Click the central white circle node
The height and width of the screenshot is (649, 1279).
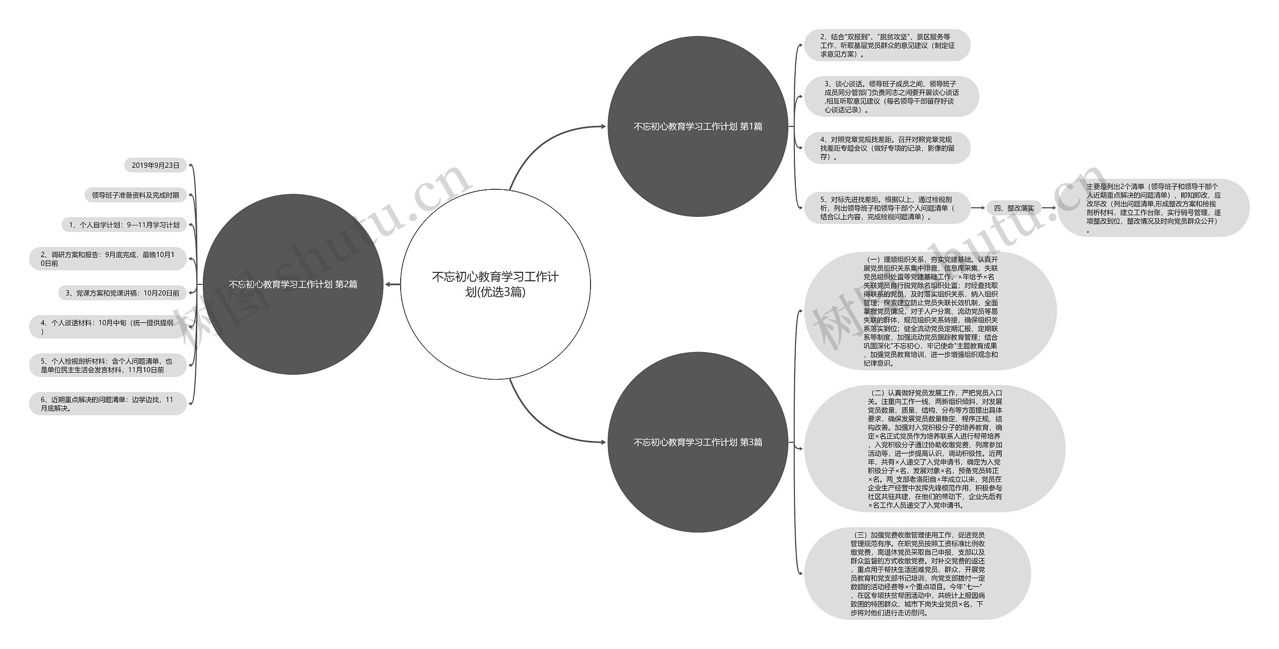click(495, 284)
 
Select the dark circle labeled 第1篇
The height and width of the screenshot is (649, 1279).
click(697, 126)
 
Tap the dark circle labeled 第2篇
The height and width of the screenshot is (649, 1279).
click(293, 284)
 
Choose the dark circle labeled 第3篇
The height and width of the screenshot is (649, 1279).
click(697, 442)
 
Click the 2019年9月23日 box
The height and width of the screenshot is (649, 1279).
click(155, 165)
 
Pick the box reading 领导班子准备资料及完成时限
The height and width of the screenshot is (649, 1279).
click(135, 195)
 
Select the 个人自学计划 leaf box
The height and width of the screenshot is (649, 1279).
click(124, 225)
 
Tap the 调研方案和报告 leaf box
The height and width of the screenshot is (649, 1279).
click(108, 259)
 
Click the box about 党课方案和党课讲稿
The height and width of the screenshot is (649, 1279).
click(122, 293)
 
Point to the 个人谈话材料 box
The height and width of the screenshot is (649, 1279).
click(108, 327)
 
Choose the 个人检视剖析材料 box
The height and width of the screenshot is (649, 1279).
click(108, 365)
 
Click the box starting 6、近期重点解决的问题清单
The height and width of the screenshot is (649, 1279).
click(108, 404)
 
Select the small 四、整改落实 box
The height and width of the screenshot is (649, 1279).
click(1014, 208)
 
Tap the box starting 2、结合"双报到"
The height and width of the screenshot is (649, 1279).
click(887, 45)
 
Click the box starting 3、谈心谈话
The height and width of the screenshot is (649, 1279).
click(891, 97)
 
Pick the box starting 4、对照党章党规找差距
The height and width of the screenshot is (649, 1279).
click(887, 148)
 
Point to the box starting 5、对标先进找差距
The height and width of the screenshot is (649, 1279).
click(887, 208)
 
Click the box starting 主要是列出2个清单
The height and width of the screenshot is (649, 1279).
click(1153, 208)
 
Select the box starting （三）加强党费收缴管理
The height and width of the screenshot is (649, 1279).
click(917, 574)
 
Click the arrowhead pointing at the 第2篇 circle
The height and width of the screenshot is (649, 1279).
click(389, 284)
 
